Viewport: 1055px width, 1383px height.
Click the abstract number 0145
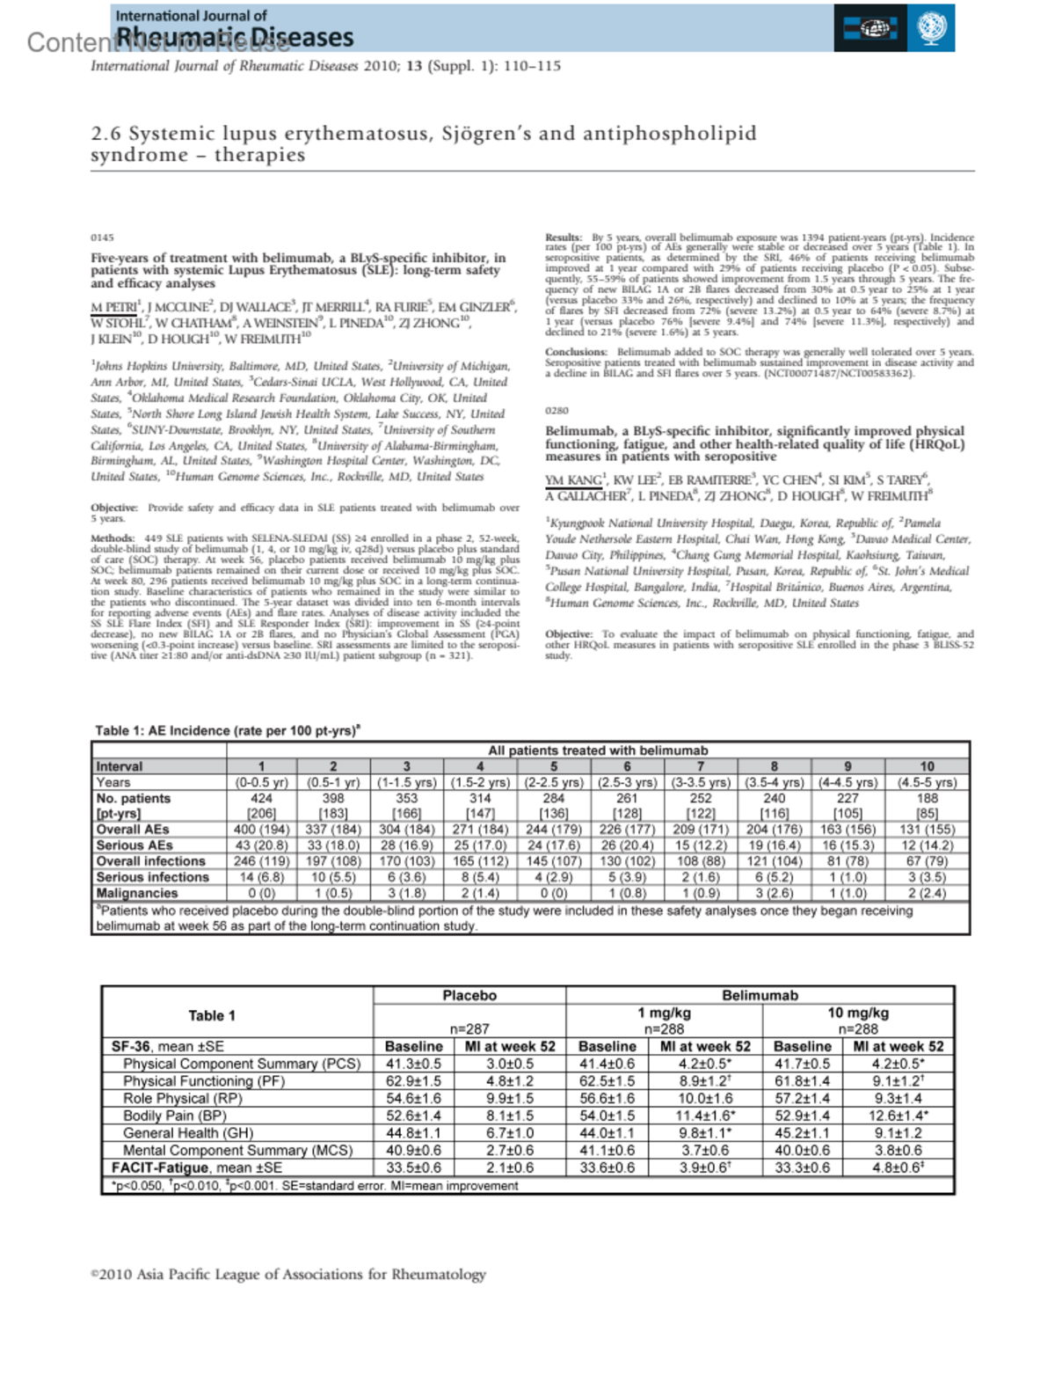102,238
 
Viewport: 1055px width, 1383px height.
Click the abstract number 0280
557,411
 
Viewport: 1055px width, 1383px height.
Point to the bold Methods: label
112,538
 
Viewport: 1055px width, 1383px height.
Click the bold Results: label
564,238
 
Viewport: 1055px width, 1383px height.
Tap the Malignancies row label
137,893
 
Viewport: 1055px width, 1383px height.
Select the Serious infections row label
152,877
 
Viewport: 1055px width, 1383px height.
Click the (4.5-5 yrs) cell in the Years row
927,782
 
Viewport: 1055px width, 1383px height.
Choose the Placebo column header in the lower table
469,995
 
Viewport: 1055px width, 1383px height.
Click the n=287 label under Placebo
469,1028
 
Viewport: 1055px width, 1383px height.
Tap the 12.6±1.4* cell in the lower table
898,1116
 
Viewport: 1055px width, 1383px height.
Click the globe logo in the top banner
931,28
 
